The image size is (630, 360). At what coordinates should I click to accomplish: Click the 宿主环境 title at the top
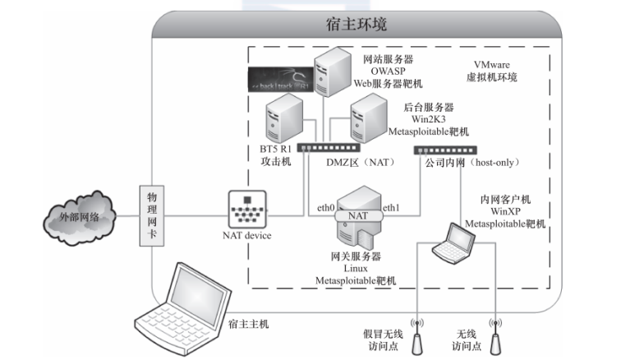pyautogui.click(x=356, y=25)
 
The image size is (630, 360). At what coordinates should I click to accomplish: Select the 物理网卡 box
pyautogui.click(x=152, y=215)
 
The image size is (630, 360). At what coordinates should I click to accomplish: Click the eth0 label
pyautogui.click(x=325, y=209)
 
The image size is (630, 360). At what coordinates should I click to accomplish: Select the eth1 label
pyautogui.click(x=392, y=209)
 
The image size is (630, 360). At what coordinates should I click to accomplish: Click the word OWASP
pyautogui.click(x=382, y=72)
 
